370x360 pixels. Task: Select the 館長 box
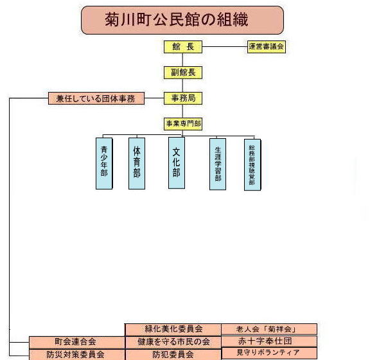tap(183, 47)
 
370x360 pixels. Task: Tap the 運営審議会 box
tap(267, 47)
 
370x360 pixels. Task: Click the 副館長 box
tap(183, 73)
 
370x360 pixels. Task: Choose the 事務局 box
tap(183, 98)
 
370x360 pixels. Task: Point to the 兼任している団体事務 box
tap(96, 98)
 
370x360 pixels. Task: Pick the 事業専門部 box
tap(183, 124)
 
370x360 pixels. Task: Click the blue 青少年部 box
tap(104, 163)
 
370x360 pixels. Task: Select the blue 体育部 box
tap(137, 163)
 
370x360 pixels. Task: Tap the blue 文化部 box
tap(177, 163)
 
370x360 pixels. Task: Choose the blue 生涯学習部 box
tap(218, 164)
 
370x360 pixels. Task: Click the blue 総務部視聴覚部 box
tap(252, 165)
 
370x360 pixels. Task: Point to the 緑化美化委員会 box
tap(173, 330)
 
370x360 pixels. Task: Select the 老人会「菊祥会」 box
tap(269, 329)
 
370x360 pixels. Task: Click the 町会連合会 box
tap(76, 343)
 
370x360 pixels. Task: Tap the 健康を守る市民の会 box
tap(173, 342)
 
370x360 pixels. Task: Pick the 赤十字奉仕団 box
tap(269, 341)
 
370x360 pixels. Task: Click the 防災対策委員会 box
tap(76, 355)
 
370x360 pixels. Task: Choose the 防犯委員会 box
tap(173, 355)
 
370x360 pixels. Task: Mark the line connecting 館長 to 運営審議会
tap(225, 46)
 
